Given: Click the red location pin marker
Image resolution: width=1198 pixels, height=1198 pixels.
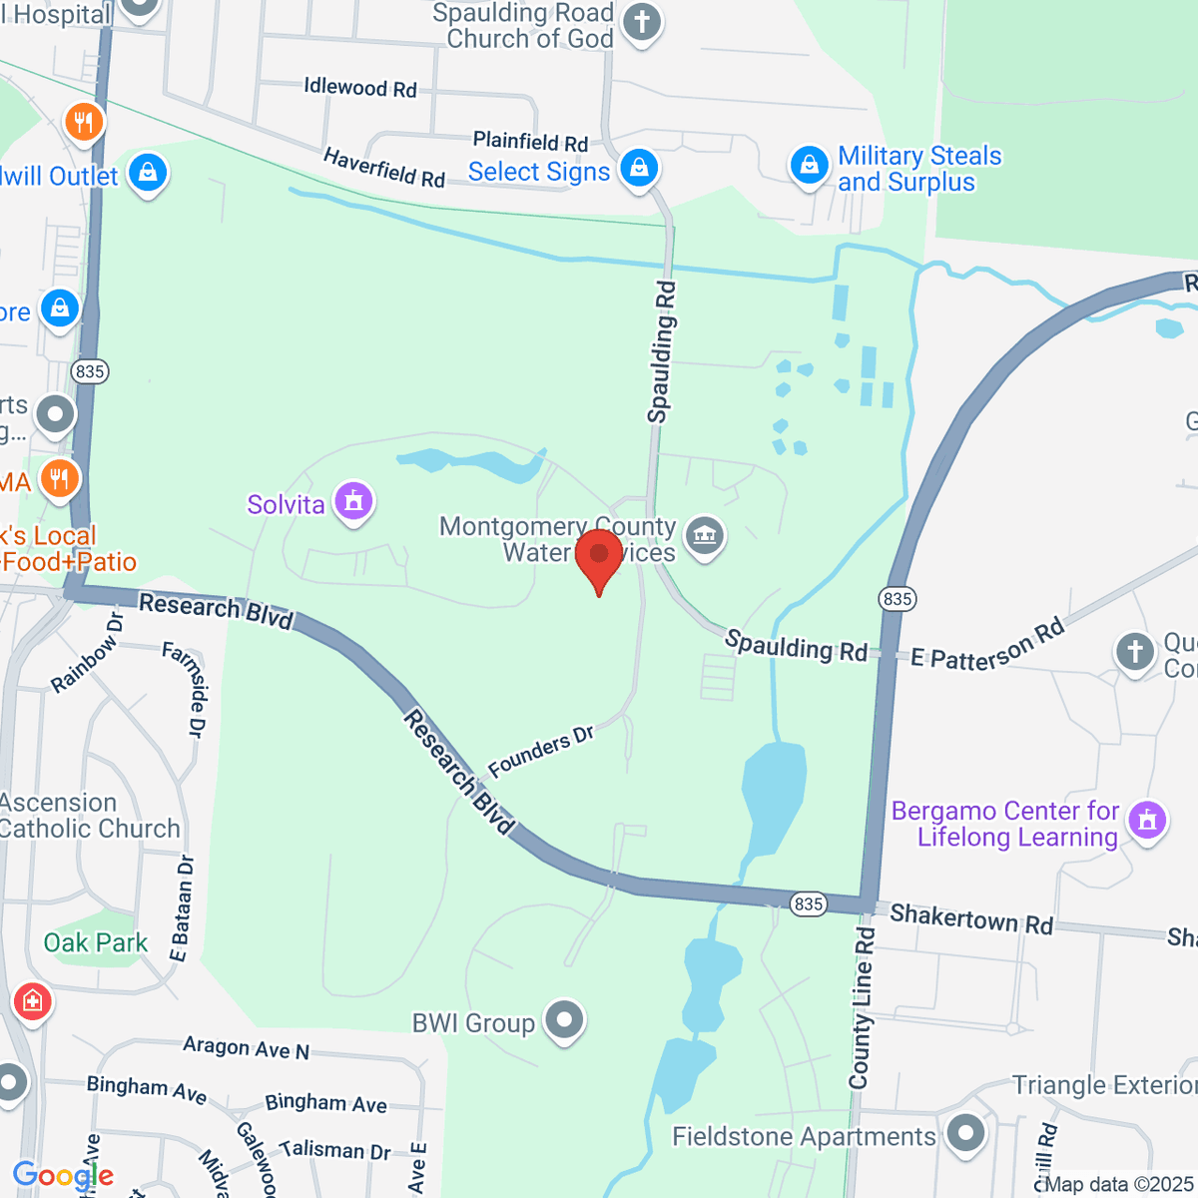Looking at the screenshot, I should (599, 555).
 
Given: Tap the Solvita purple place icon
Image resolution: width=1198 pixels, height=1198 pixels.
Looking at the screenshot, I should (353, 502).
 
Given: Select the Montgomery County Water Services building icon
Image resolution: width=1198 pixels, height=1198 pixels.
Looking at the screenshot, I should (706, 536).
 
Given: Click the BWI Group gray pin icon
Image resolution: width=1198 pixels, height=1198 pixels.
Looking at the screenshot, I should (565, 1021).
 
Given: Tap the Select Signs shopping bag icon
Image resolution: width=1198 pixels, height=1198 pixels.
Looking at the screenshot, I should (639, 168).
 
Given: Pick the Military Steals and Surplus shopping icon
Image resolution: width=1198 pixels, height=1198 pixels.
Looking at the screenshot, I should (809, 166).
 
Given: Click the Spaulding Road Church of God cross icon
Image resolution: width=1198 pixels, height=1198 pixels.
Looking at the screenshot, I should (642, 22).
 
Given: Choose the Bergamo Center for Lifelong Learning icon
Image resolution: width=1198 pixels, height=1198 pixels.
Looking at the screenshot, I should (1147, 821).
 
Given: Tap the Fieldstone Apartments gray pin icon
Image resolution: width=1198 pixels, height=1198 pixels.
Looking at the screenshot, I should (965, 1134).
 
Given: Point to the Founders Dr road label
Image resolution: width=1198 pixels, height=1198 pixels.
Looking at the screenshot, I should (541, 751).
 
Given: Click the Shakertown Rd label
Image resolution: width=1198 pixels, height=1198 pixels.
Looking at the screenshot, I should (970, 917).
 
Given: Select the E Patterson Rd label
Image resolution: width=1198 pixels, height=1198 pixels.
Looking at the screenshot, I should (987, 646).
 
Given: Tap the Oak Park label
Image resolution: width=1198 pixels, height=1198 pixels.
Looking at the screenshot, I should (96, 942).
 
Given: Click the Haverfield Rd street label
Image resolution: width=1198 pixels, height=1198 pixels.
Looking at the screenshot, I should (383, 168).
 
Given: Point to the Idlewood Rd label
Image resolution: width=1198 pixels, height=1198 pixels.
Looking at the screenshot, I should (360, 88).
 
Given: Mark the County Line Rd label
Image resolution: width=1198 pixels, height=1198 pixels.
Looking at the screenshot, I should (862, 1008).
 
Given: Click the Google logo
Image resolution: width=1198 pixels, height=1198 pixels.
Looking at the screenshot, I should (63, 1175).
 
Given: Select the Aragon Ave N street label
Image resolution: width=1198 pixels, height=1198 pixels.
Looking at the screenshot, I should (246, 1047).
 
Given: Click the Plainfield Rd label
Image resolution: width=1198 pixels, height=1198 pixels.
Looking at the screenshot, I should (530, 142).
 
